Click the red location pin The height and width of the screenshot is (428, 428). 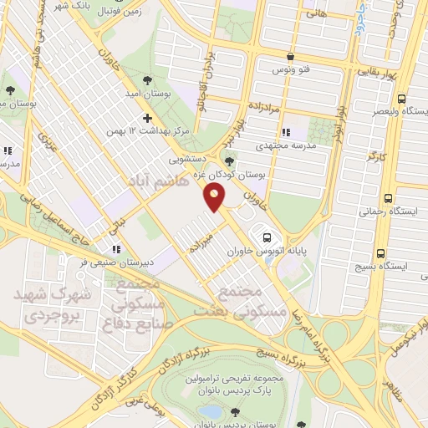215,197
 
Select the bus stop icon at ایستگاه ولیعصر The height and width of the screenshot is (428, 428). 402,96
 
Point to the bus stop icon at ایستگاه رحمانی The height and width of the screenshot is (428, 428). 387,198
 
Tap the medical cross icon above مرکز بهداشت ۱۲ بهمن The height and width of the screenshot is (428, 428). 147,118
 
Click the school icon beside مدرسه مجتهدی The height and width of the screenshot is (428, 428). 287,131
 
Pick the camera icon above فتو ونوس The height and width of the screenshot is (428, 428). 289,57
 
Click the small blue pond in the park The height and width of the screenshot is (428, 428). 213,412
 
